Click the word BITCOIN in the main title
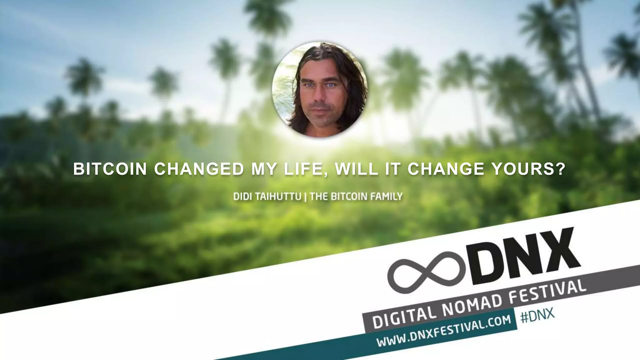pyautogui.click(x=110, y=169)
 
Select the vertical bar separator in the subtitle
pyautogui.click(x=305, y=197)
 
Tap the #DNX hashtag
pyautogui.click(x=537, y=316)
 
